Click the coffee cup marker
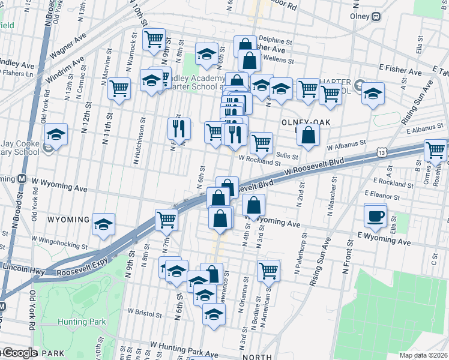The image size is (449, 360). [x=376, y=216]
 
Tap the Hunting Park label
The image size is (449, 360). [x=82, y=322]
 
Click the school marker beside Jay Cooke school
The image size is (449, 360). [x=56, y=134]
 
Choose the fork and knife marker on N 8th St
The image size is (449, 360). [x=179, y=128]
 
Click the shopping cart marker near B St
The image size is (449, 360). [x=435, y=150]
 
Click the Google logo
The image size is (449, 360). [x=19, y=353]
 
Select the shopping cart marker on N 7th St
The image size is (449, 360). [x=166, y=220]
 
